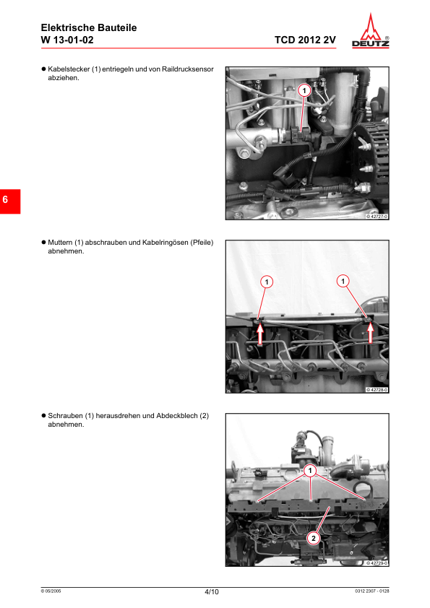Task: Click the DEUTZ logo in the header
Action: point(374,32)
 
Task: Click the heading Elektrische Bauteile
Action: point(89,27)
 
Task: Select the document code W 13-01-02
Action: point(67,40)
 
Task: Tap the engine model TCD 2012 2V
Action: point(305,40)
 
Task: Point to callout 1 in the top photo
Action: point(304,90)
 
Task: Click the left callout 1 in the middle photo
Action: point(266,280)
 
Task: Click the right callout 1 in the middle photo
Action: point(343,280)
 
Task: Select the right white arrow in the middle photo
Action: point(371,332)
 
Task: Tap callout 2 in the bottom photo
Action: point(314,537)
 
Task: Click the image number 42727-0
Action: point(377,216)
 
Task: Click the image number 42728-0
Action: point(377,389)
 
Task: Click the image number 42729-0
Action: point(377,563)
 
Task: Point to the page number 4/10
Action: point(212,592)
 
